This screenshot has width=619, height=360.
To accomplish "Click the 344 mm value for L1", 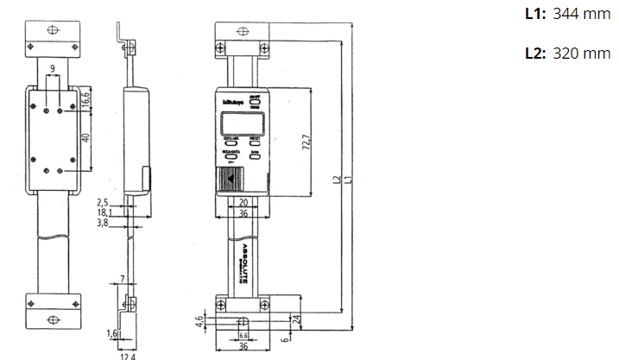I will (580, 14).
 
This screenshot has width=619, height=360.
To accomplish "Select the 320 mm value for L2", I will (580, 53).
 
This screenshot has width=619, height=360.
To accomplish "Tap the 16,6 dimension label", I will (85, 102).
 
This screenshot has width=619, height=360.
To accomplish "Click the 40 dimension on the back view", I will (85, 139).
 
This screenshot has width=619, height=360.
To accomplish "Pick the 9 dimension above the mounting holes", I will (53, 67).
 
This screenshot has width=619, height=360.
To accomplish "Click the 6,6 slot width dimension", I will (243, 334).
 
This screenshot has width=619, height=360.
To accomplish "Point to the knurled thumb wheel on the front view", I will (229, 179).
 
